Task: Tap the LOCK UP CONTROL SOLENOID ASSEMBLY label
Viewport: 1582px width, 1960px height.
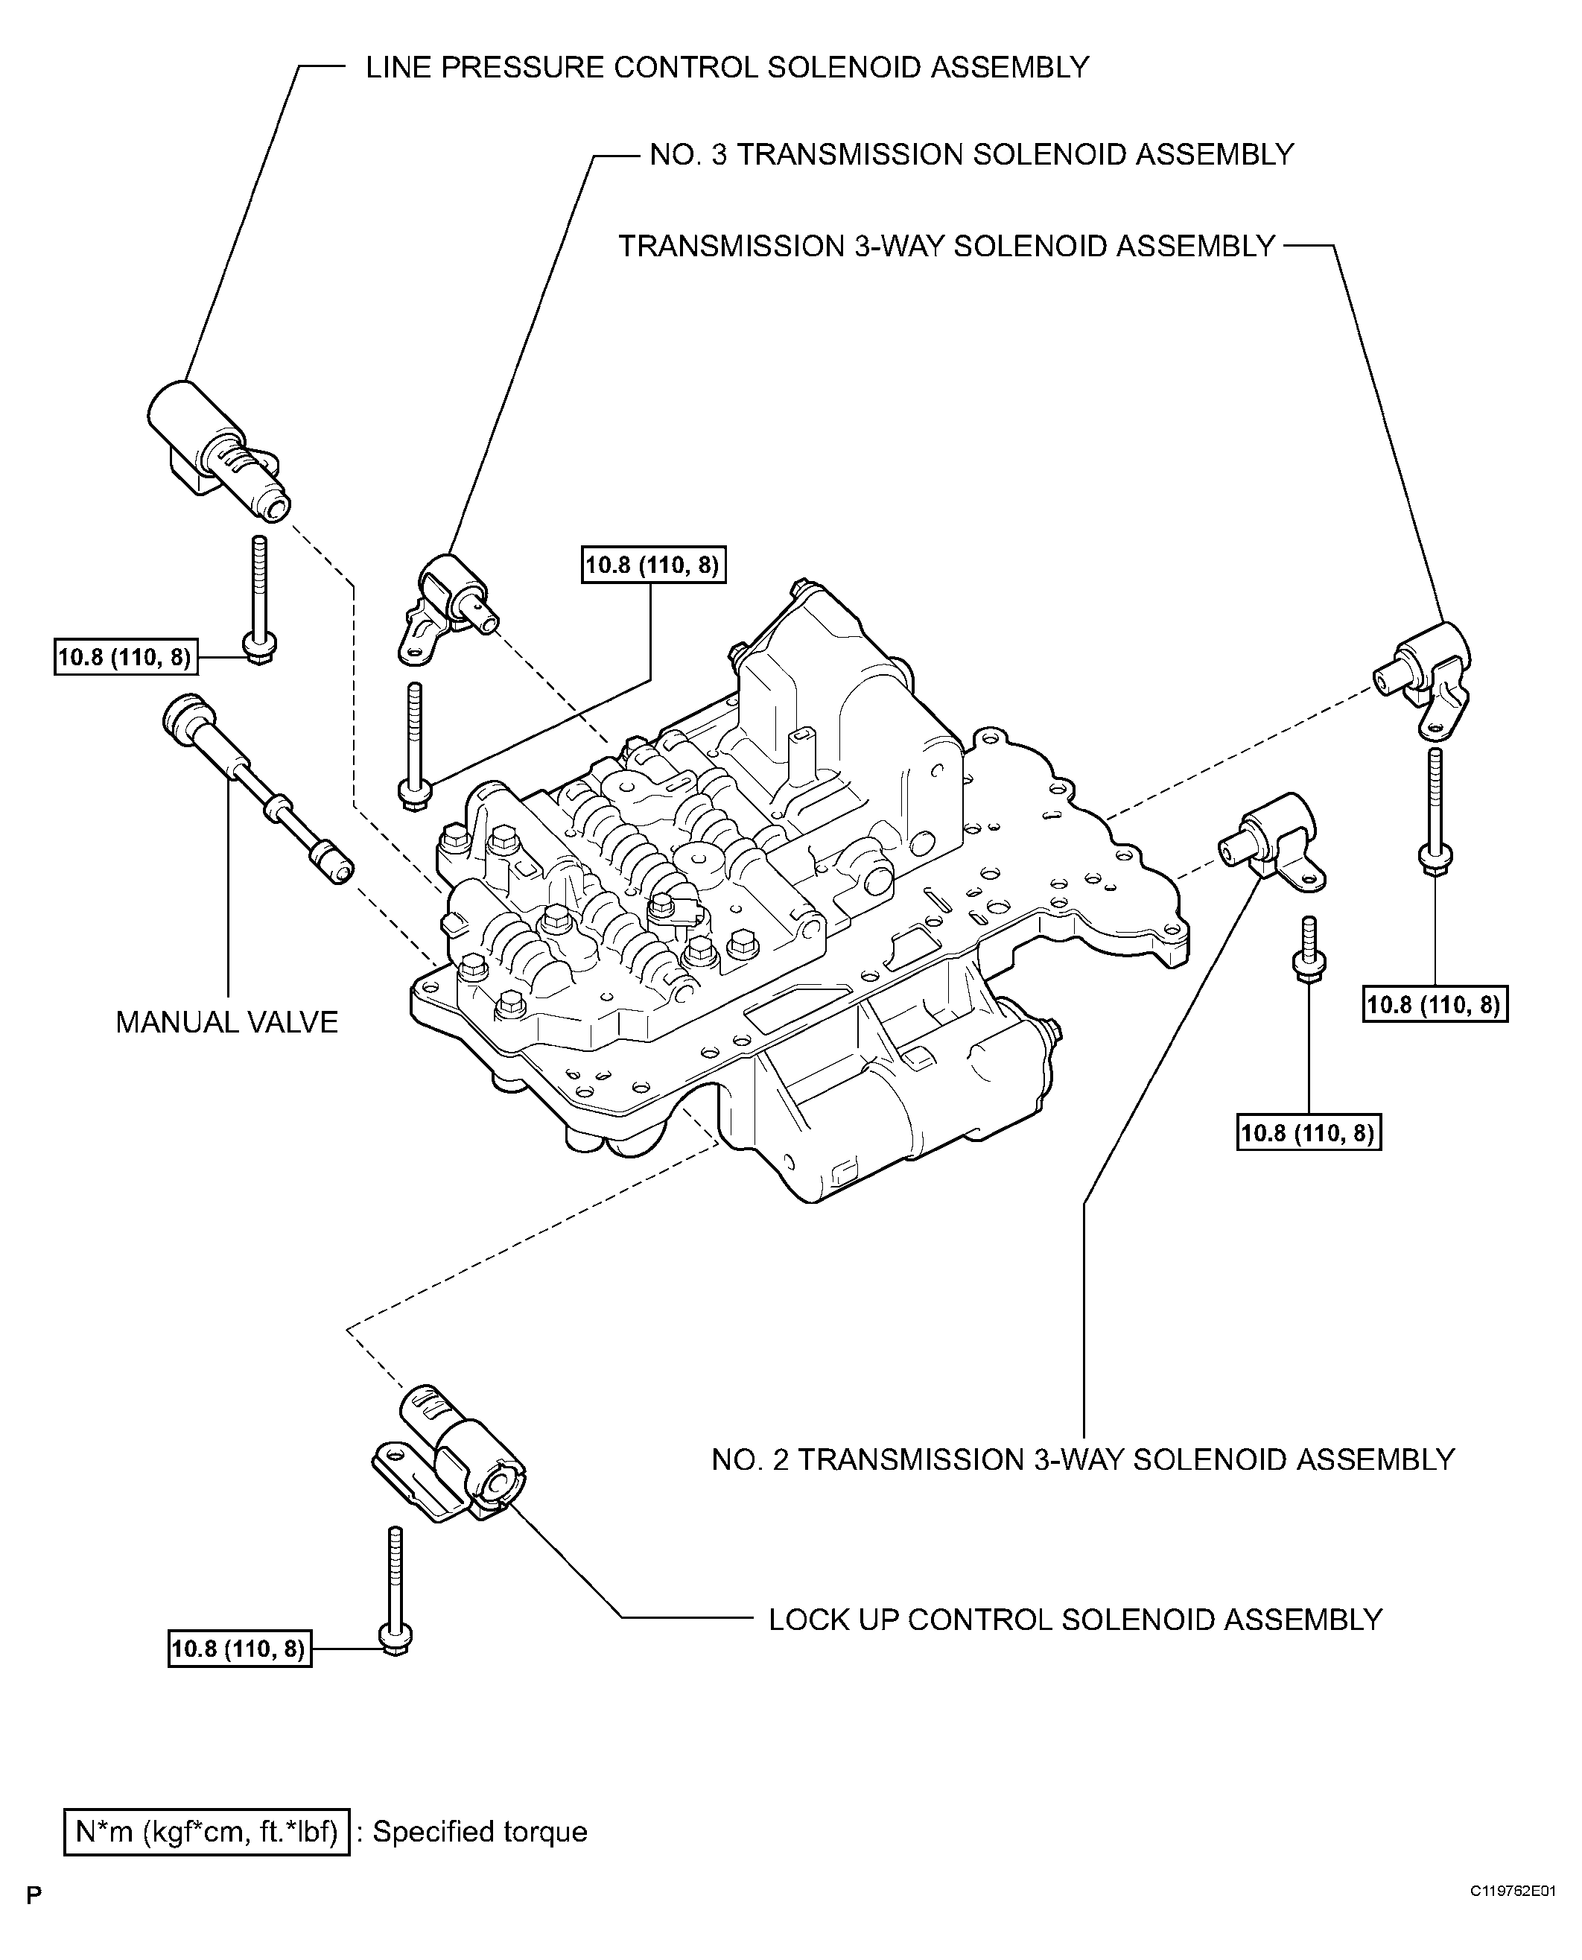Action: (1076, 1620)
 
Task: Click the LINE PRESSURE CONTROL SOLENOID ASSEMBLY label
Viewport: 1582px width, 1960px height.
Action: (726, 68)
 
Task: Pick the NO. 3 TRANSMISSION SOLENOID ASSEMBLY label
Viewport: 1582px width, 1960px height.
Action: (971, 155)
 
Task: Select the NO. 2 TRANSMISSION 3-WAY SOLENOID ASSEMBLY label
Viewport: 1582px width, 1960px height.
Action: (1083, 1459)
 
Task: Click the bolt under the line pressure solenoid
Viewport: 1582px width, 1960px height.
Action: (261, 600)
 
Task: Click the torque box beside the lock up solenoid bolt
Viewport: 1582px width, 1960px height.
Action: (240, 1649)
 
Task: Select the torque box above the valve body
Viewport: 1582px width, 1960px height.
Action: (653, 565)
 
